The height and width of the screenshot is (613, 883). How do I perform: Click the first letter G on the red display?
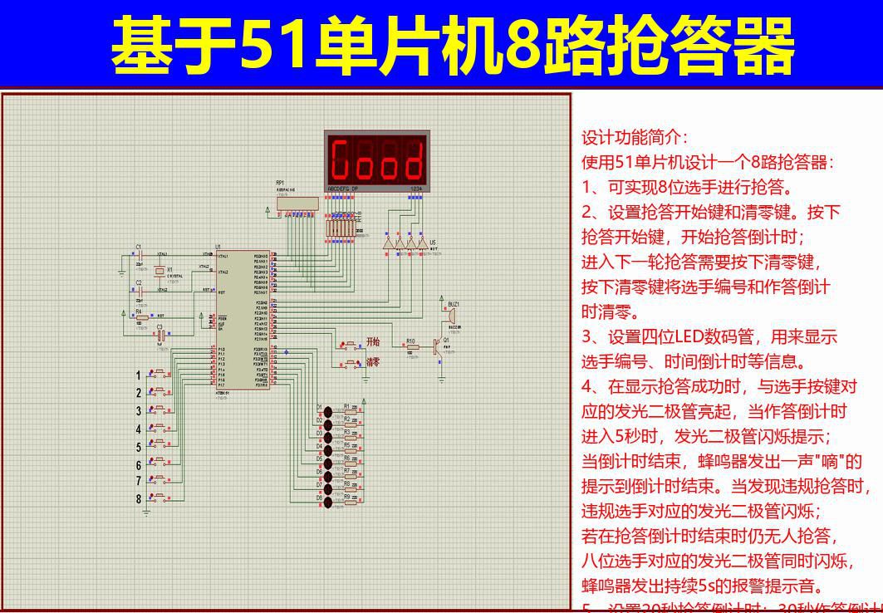pos(340,160)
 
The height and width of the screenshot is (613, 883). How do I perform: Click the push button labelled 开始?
pos(348,345)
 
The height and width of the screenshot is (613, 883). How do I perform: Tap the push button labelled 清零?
pos(348,363)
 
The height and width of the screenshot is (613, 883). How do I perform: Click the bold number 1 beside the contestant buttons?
pos(139,375)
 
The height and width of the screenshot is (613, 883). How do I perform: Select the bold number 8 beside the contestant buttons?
pos(139,499)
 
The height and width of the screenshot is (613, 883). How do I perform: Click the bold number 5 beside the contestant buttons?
pos(139,447)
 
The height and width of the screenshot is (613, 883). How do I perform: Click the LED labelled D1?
pos(329,409)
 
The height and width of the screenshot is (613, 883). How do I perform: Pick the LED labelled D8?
pos(329,501)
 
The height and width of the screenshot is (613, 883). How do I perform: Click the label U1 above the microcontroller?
pos(218,247)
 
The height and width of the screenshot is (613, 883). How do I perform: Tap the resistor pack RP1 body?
pos(298,203)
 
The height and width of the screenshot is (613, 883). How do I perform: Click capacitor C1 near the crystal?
pos(140,254)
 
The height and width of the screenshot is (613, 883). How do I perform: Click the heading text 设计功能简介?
pos(634,138)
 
